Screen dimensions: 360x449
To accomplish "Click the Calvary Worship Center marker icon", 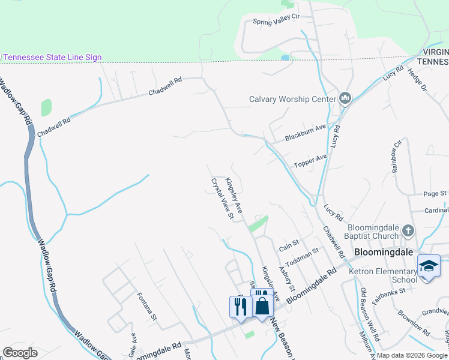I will click(x=345, y=98).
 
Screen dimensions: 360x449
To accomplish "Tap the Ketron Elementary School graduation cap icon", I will click(x=429, y=266).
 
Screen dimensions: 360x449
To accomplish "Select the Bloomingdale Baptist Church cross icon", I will click(x=408, y=231).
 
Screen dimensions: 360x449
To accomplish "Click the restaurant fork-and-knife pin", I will click(x=240, y=307).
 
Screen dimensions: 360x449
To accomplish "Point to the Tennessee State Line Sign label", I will click(x=52, y=57).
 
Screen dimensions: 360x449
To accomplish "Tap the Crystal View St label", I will click(x=221, y=198).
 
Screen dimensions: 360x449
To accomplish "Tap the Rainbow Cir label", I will click(x=396, y=156).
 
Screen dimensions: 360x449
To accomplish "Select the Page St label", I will click(x=435, y=194).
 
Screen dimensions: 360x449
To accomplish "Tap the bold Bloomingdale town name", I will click(x=384, y=252).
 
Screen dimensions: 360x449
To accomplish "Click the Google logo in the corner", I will click(x=20, y=353).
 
